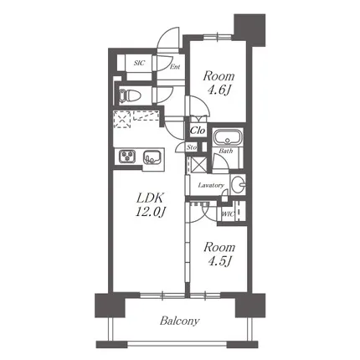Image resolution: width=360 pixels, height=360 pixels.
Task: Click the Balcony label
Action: coord(179,321)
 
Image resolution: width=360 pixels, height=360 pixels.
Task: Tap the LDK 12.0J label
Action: coord(151,205)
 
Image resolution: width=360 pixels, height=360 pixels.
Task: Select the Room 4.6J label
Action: coord(219,83)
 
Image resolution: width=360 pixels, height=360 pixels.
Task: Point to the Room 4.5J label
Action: coord(219,255)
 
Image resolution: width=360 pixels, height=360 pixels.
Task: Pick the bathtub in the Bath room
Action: coord(228,137)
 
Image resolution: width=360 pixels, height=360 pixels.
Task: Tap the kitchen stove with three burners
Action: coord(127,157)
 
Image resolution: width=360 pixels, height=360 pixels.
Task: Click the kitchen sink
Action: coord(152,157)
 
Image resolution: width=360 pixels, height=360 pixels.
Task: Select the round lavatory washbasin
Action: coord(238,184)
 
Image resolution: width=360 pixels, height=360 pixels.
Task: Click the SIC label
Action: coord(139,63)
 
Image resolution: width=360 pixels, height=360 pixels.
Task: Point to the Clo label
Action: coord(198,131)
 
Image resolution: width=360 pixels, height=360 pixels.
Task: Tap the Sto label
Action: coord(192,147)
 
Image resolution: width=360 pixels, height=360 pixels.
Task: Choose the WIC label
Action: coord(228,214)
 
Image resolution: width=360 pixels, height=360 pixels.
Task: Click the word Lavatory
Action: coord(211,185)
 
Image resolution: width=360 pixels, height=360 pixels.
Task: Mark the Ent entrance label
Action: coord(175,67)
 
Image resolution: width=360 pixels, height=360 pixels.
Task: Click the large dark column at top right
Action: coord(249,30)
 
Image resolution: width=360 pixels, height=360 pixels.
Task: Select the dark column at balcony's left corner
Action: coord(110,305)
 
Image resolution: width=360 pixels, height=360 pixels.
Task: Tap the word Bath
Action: coord(226,151)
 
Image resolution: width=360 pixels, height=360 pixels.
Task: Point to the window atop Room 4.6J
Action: coord(218,37)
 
